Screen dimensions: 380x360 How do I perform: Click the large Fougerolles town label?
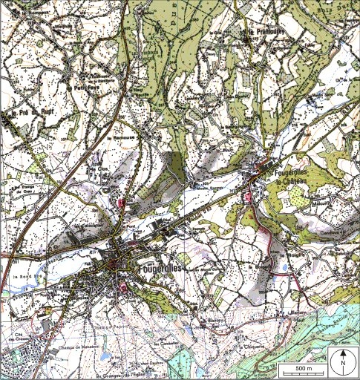(159, 266)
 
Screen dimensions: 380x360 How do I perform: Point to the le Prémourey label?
(262, 34)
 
